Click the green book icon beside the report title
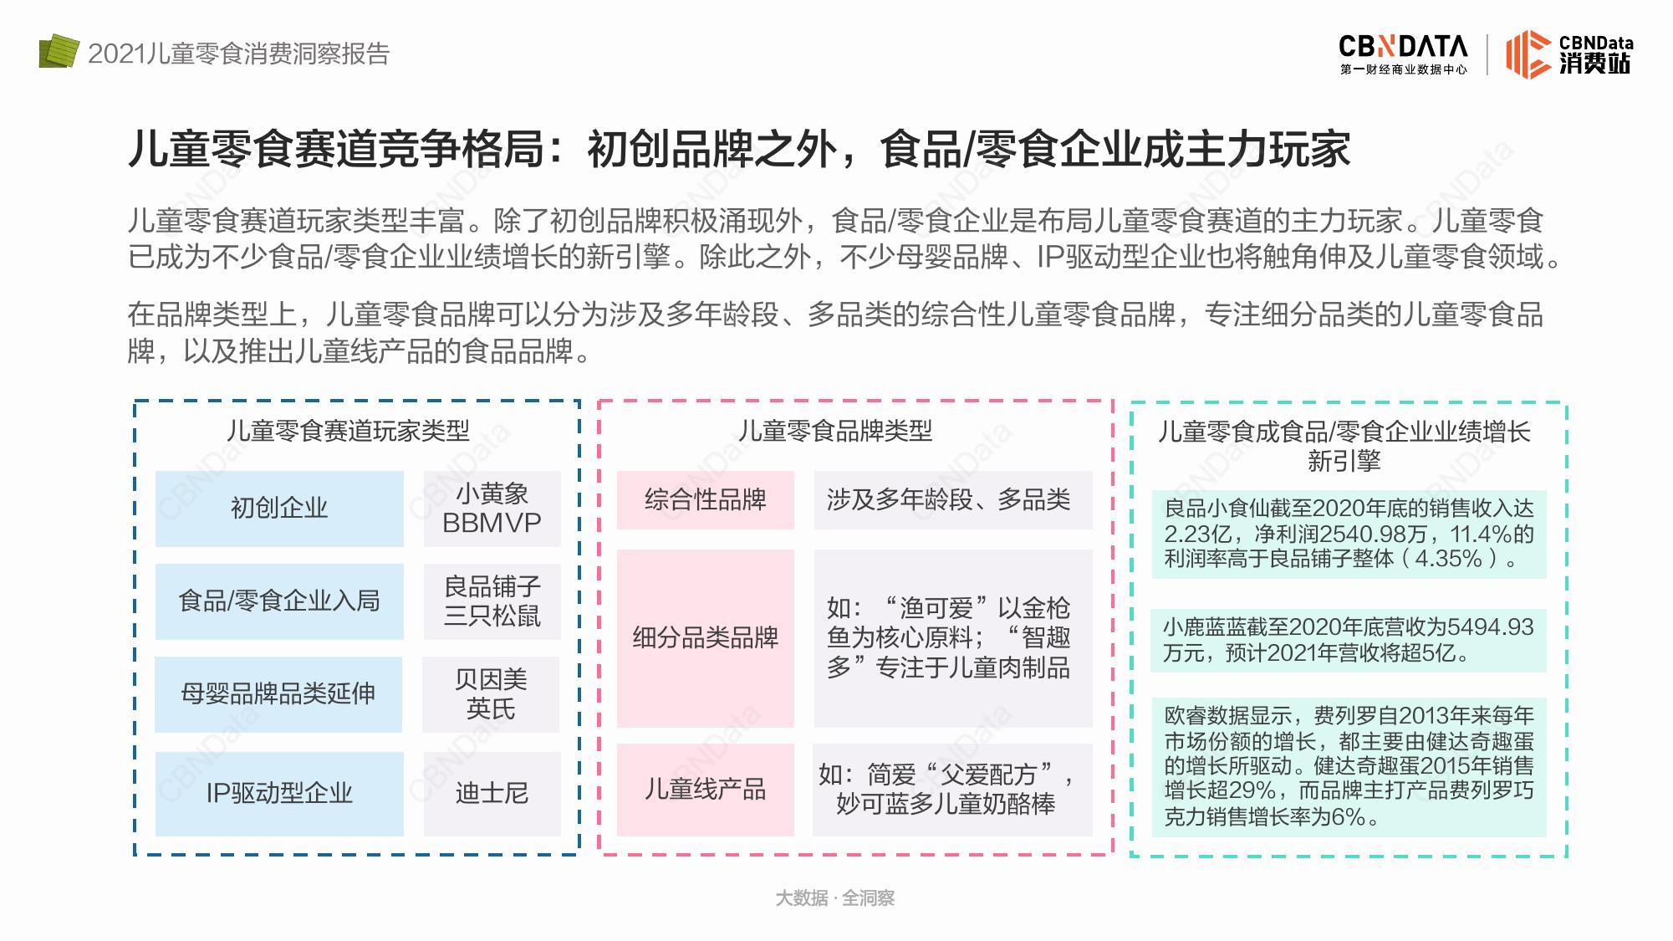click(x=59, y=51)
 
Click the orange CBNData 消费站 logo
click(x=1569, y=54)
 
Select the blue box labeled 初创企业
click(x=279, y=509)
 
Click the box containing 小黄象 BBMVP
click(x=492, y=509)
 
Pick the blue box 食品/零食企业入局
click(x=279, y=601)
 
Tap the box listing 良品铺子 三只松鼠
click(x=492, y=601)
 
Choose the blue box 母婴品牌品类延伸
click(x=278, y=694)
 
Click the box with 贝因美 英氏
click(x=491, y=694)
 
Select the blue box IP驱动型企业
click(x=279, y=794)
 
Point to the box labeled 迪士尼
click(x=492, y=794)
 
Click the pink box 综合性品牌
click(x=706, y=500)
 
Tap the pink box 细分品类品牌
click(x=706, y=638)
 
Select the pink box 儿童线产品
click(x=706, y=790)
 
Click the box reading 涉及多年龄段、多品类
click(x=953, y=500)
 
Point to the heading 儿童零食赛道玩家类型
click(x=348, y=431)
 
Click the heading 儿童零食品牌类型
click(x=835, y=431)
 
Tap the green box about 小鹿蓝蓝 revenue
click(x=1349, y=640)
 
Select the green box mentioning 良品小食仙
click(x=1349, y=534)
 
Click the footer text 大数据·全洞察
click(x=835, y=898)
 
